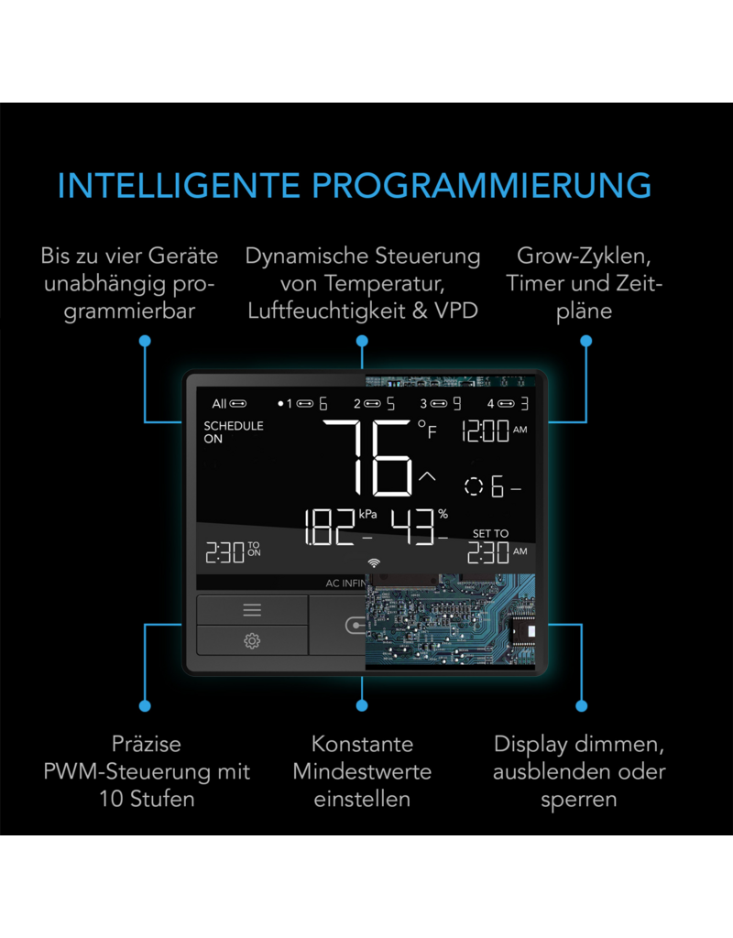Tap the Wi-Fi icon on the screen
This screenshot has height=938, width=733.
click(x=373, y=562)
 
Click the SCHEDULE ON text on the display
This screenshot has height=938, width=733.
click(x=233, y=432)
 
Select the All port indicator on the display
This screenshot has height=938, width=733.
click(x=228, y=404)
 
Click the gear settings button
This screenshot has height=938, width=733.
click(x=252, y=640)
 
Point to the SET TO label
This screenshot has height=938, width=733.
click(x=490, y=533)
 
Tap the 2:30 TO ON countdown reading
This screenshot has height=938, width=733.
click(x=231, y=551)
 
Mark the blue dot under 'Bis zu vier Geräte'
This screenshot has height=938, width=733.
click(x=145, y=341)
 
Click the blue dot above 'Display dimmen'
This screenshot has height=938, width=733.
click(x=581, y=706)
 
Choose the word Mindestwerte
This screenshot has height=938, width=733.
click(x=362, y=770)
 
